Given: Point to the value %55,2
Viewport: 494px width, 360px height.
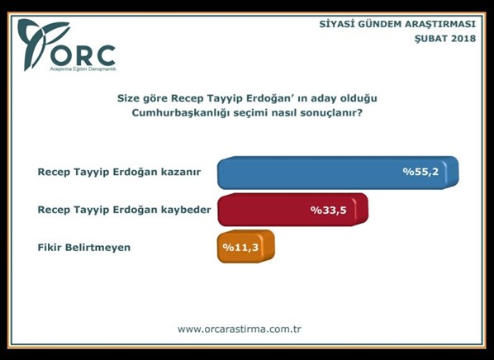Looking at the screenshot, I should click(420, 173).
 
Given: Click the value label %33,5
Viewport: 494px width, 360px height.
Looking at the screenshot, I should click(327, 210).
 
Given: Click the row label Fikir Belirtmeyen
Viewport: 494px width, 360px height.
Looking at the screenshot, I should click(84, 246).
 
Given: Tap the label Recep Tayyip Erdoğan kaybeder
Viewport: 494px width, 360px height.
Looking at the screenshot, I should click(124, 210).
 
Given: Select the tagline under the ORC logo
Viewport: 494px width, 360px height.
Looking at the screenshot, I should click(80, 70).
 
